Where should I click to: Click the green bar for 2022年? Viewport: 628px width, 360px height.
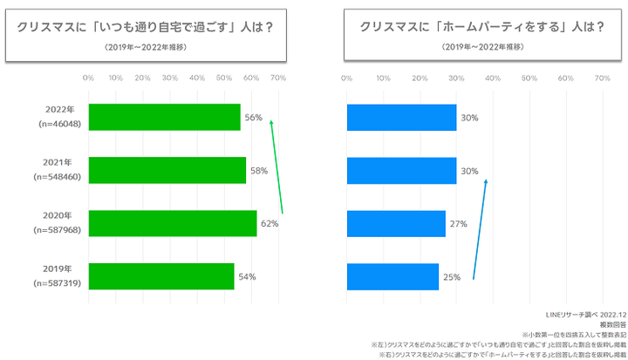click(x=164, y=118)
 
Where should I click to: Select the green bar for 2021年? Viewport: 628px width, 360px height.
click(x=167, y=171)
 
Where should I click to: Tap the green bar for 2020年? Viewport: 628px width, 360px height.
click(x=172, y=223)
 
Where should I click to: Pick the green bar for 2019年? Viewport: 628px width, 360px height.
click(x=161, y=276)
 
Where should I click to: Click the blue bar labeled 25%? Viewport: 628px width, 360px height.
click(x=392, y=276)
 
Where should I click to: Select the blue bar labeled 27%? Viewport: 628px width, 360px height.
click(x=396, y=223)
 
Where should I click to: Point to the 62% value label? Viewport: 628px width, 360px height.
click(x=270, y=224)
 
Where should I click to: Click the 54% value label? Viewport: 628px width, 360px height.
click(x=247, y=277)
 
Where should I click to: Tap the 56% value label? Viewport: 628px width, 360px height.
click(x=253, y=118)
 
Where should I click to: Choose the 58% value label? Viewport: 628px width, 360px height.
click(x=258, y=171)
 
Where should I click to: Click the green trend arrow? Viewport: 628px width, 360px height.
click(x=276, y=170)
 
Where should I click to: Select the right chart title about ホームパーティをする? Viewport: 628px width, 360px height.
click(x=484, y=26)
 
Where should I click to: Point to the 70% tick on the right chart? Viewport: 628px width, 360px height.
click(x=601, y=78)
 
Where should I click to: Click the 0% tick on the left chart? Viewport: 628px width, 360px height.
click(x=88, y=78)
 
